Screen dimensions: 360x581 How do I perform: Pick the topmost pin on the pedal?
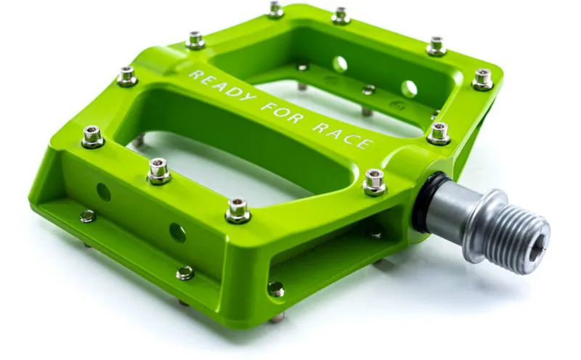click(275, 9)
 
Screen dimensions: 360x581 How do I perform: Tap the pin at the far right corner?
click(483, 78)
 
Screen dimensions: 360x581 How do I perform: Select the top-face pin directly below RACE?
click(374, 182)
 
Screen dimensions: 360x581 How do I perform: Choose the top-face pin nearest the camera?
click(237, 210)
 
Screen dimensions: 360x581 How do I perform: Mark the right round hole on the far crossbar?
click(410, 89)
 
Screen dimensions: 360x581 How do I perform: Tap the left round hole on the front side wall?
click(104, 192)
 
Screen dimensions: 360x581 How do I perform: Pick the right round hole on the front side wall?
click(177, 232)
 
